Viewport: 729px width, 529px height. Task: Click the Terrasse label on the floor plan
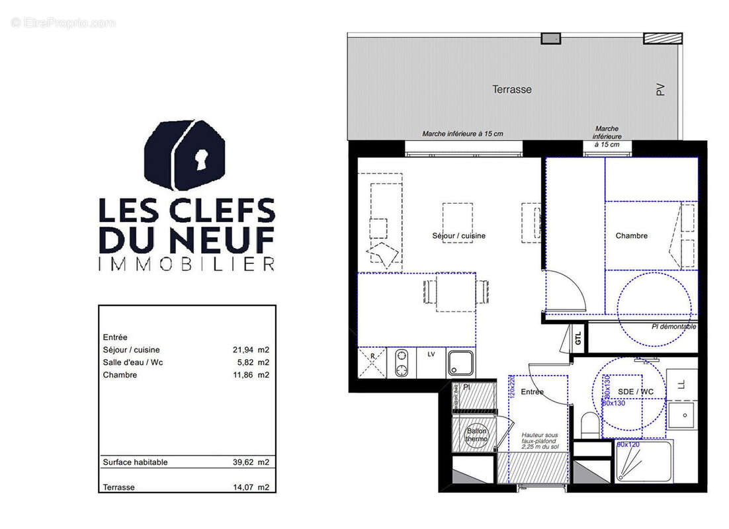[511, 89]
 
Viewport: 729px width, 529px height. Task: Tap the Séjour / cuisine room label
[458, 235]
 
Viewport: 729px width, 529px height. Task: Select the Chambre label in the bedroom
[631, 235]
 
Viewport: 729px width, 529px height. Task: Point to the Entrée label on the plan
[532, 391]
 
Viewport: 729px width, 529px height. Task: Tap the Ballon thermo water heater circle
[476, 435]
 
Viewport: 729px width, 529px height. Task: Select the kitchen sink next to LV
[461, 363]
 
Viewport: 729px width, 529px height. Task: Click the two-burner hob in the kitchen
[402, 363]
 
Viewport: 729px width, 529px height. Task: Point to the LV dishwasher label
[431, 354]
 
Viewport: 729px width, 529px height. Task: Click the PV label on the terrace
[660, 89]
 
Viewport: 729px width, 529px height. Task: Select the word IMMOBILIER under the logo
[186, 264]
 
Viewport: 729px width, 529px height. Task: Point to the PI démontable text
[673, 327]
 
